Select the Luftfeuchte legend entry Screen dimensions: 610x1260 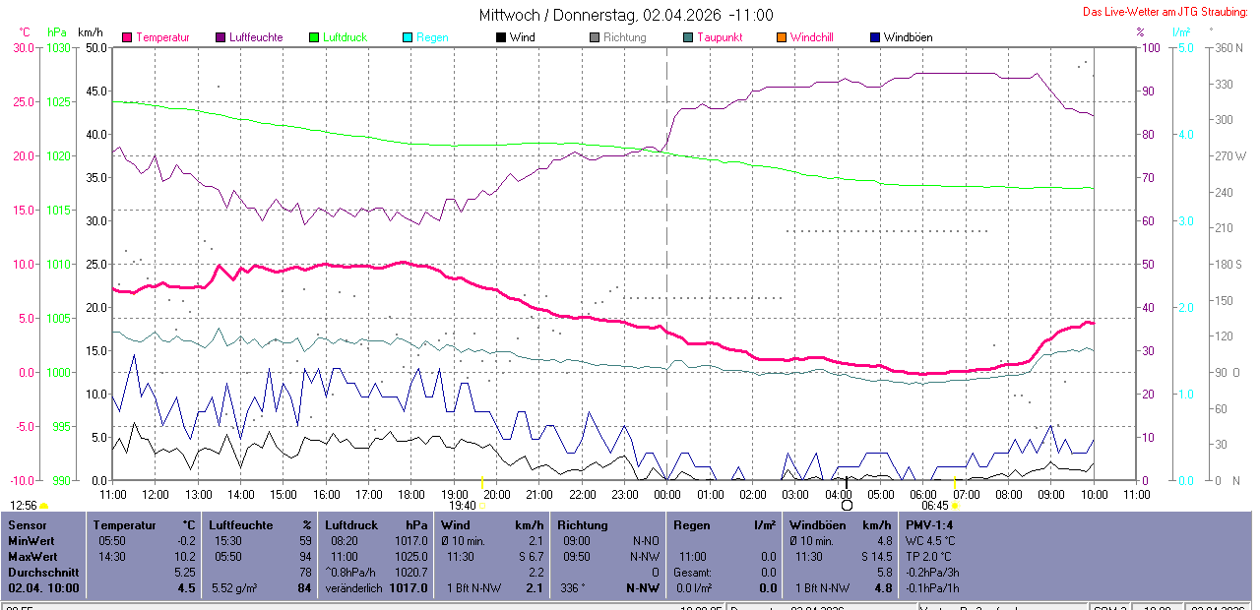(255, 37)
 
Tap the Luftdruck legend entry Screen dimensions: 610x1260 (345, 37)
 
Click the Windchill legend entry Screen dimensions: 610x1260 (811, 37)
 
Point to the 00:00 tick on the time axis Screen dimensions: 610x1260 (667, 494)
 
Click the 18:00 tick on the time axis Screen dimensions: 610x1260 (411, 494)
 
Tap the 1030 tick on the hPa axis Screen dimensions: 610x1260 (60, 47)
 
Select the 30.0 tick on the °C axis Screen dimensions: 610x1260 (22, 47)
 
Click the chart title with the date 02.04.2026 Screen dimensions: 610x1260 (626, 15)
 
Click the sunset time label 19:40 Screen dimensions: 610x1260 (462, 505)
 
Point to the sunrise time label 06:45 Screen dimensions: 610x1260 (934, 505)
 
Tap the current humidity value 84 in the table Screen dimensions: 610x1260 (304, 588)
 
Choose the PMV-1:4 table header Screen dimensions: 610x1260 (929, 525)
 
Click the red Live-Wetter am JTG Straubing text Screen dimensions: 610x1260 (1165, 12)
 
